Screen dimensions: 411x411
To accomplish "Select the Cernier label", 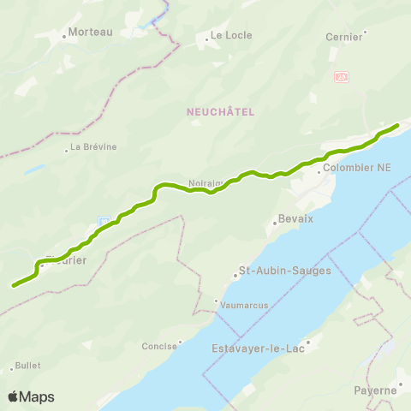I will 344,37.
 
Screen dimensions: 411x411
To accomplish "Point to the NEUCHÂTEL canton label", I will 220,111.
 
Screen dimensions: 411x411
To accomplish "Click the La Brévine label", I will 93,146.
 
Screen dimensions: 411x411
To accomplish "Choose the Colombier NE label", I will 358,168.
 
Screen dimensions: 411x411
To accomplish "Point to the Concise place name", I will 158,347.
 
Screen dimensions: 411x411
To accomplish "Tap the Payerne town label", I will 375,390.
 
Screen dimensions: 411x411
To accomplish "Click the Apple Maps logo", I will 31,396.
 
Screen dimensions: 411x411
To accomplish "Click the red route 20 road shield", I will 342,77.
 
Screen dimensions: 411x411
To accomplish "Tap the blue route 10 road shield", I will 103,222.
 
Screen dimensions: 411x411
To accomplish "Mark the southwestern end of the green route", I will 14,285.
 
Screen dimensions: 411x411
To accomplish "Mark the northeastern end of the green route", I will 397,127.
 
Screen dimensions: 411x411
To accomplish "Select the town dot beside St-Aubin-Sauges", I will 236,276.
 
